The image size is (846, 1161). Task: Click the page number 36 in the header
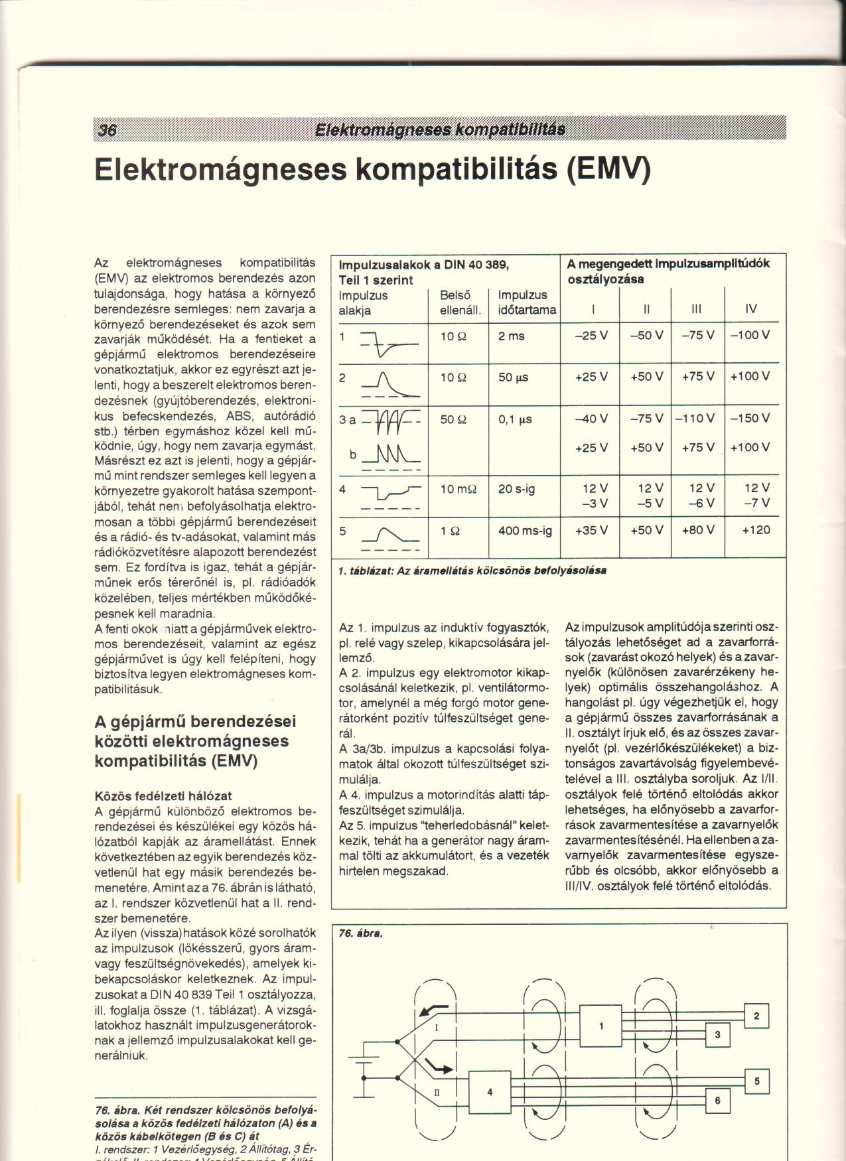107,130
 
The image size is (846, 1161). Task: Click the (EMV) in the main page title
608,169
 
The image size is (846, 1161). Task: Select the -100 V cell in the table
750,336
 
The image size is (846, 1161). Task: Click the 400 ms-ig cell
525,531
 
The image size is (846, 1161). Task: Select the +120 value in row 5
756,531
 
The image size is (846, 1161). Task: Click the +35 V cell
591,531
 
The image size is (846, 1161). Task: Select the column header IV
750,308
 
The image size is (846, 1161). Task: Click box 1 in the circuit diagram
601,1026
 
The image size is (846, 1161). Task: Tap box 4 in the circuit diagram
490,1091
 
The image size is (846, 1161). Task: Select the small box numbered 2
756,1016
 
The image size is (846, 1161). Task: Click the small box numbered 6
717,1101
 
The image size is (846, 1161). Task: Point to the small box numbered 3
717,1035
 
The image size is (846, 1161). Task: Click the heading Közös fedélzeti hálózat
163,795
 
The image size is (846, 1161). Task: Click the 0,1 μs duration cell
517,419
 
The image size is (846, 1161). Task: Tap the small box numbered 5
756,1081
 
